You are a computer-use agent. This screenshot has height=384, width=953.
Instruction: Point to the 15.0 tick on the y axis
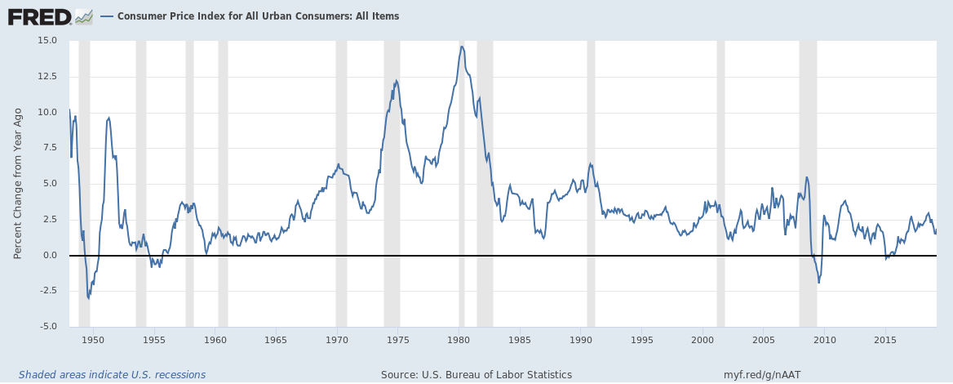pos(47,41)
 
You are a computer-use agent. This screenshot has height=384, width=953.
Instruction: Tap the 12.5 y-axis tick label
pos(47,76)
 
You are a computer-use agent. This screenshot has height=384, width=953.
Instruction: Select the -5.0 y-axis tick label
pos(47,327)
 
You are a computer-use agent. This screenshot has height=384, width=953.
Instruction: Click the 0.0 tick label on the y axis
pos(49,256)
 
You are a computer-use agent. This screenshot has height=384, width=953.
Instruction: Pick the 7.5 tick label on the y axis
pos(49,148)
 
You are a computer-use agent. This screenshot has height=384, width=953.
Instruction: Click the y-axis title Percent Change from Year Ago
pos(18,183)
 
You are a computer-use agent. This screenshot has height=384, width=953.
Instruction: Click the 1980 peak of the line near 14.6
pos(462,47)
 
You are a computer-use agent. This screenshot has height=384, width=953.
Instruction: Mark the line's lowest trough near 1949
pos(88,299)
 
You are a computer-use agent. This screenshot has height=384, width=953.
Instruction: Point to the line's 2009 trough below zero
pos(818,283)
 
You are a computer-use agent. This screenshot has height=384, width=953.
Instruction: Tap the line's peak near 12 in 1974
pos(396,81)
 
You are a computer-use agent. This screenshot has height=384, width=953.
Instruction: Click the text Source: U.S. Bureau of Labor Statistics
pos(476,375)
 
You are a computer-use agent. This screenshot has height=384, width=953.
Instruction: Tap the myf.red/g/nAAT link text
pos(762,375)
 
